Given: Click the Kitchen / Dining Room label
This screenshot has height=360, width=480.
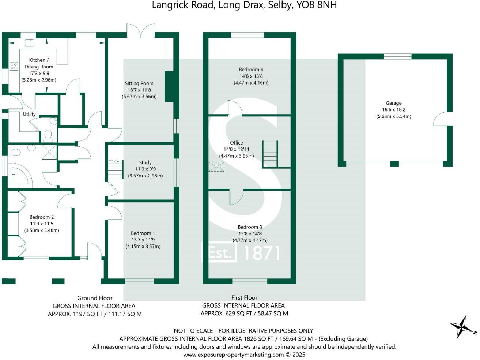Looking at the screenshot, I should click(x=39, y=63).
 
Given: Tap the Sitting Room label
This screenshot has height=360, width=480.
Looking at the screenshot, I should click(x=139, y=83).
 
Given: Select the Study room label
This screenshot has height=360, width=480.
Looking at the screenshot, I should click(x=145, y=162).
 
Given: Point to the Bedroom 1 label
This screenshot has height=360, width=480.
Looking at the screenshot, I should click(x=143, y=233).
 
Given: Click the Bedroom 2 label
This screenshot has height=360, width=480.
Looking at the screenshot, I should click(x=42, y=217).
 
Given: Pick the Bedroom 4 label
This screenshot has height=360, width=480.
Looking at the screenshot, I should click(x=251, y=70).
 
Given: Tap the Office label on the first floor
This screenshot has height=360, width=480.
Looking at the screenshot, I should click(x=236, y=143).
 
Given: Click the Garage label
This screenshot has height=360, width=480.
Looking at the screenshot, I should click(x=393, y=103).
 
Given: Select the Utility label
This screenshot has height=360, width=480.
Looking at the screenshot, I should click(x=29, y=114).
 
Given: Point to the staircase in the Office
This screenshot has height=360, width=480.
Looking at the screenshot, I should click(x=270, y=154).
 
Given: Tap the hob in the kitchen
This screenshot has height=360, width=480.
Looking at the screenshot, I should click(x=14, y=66).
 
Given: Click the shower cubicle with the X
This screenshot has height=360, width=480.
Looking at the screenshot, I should click(x=49, y=152).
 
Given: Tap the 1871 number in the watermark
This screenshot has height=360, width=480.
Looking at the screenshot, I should click(x=262, y=253).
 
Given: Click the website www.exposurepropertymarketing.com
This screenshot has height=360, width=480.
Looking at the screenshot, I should click(x=233, y=355).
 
